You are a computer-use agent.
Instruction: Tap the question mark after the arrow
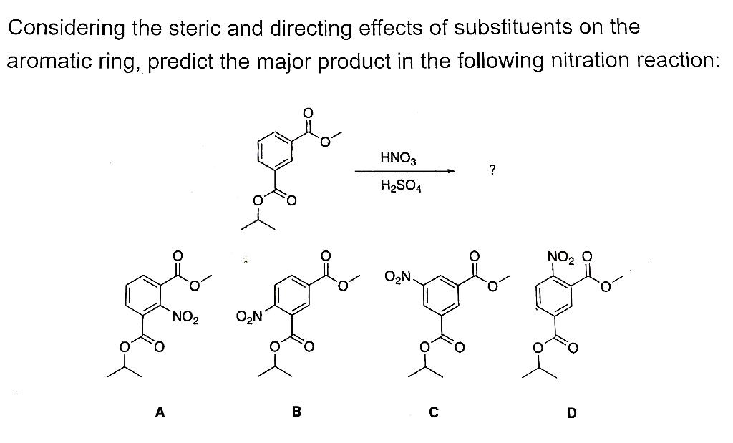(x=491, y=170)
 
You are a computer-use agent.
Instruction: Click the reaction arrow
(x=405, y=171)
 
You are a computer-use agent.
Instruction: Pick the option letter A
(x=160, y=412)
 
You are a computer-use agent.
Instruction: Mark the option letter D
(x=571, y=412)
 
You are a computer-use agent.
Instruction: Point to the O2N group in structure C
(x=398, y=276)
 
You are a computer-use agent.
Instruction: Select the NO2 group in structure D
(x=561, y=255)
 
